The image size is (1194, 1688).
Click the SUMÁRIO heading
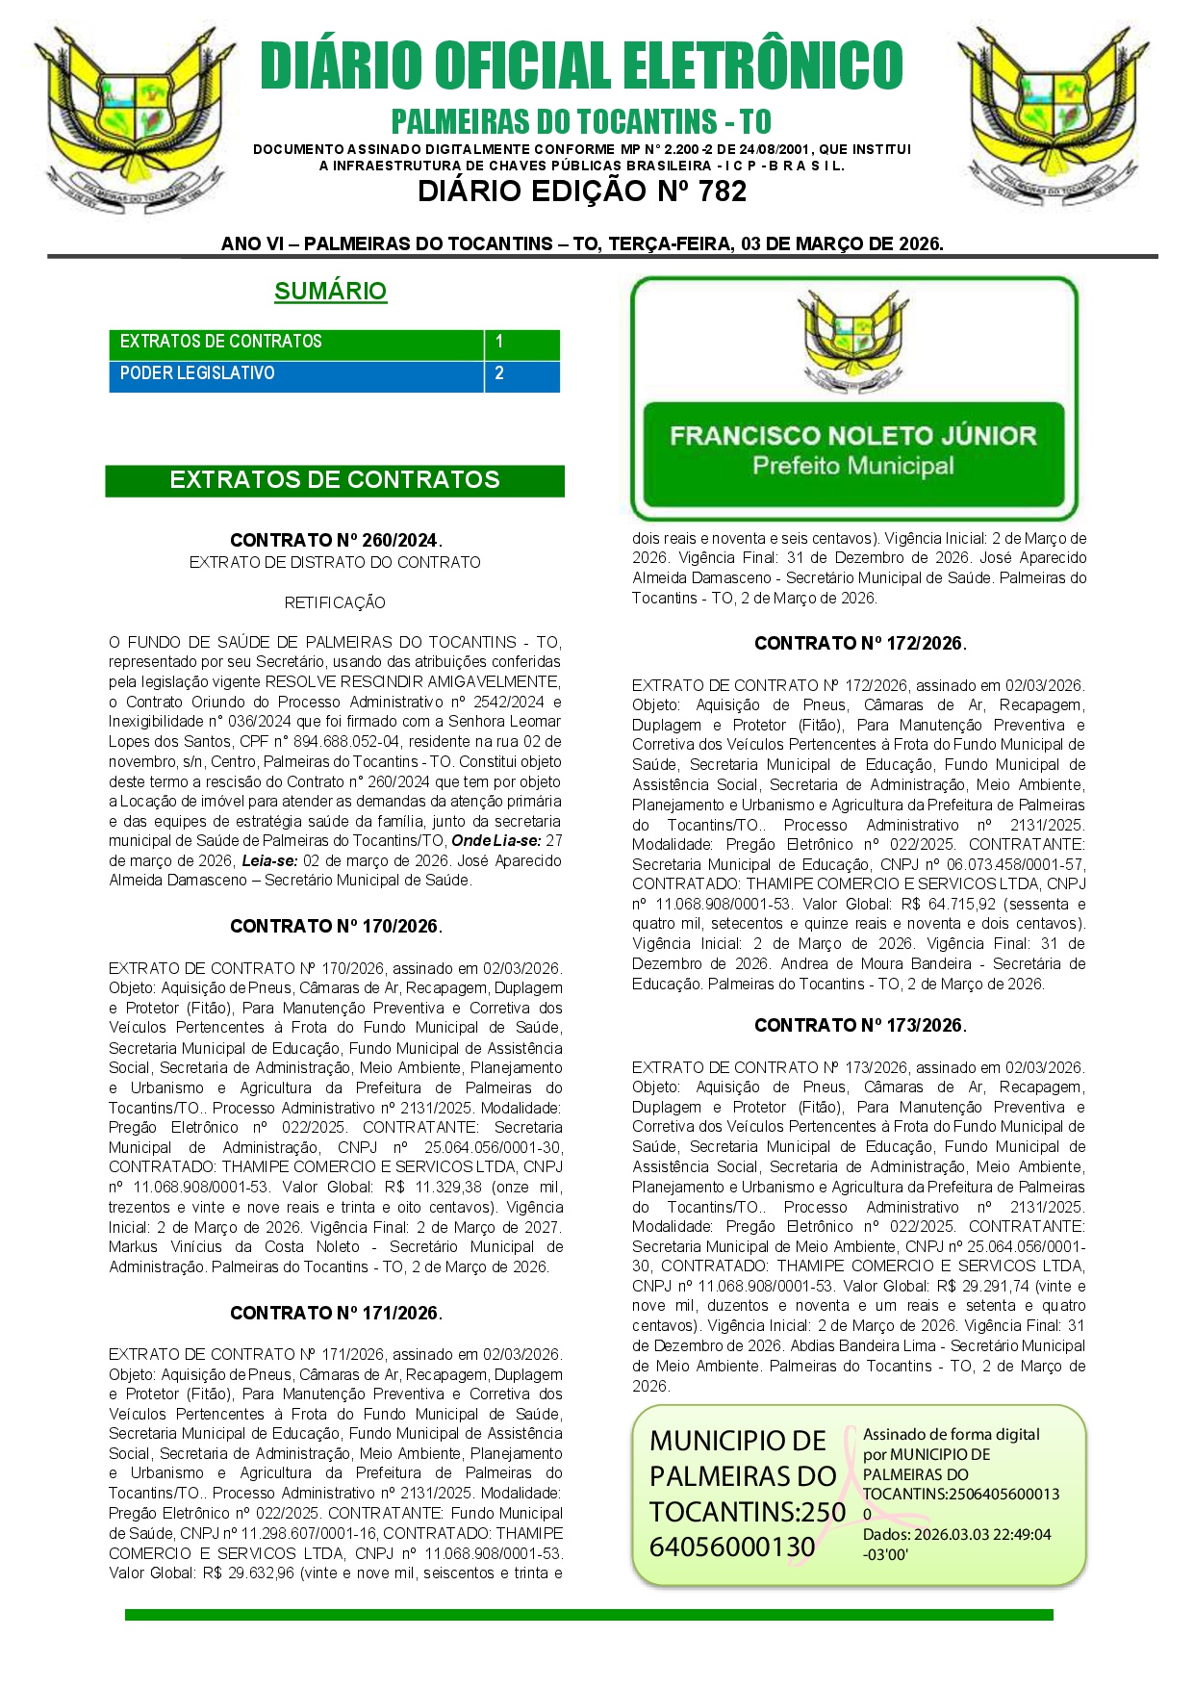(x=330, y=291)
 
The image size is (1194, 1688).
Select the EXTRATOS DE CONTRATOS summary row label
(x=220, y=342)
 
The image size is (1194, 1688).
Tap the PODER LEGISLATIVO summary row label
(x=197, y=373)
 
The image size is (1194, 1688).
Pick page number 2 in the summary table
(x=499, y=373)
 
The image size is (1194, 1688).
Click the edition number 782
(x=723, y=192)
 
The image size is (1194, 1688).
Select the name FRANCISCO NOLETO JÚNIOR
(x=852, y=436)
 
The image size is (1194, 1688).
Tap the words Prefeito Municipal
(x=852, y=467)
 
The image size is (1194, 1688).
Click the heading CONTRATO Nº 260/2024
(x=336, y=540)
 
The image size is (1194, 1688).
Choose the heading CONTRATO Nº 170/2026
(x=336, y=926)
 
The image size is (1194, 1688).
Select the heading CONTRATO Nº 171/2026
(x=336, y=1313)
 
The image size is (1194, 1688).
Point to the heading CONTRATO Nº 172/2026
(x=860, y=643)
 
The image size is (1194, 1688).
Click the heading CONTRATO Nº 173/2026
(x=860, y=1025)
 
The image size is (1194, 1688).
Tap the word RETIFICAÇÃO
(x=335, y=602)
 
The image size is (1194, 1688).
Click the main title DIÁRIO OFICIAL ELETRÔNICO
(x=581, y=65)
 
